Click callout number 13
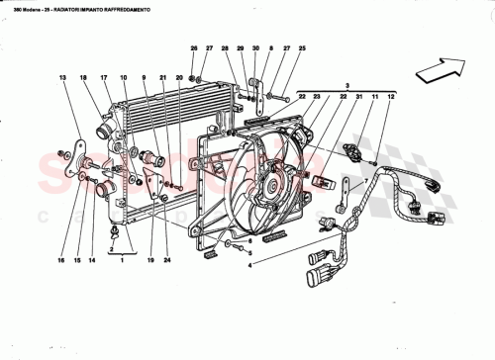point(61,77)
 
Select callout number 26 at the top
point(194,48)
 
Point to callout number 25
point(302,48)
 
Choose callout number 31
point(359,96)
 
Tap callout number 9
point(144,77)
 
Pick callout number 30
point(255,48)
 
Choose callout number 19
point(149,262)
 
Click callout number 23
point(319,96)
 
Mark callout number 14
point(94,262)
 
